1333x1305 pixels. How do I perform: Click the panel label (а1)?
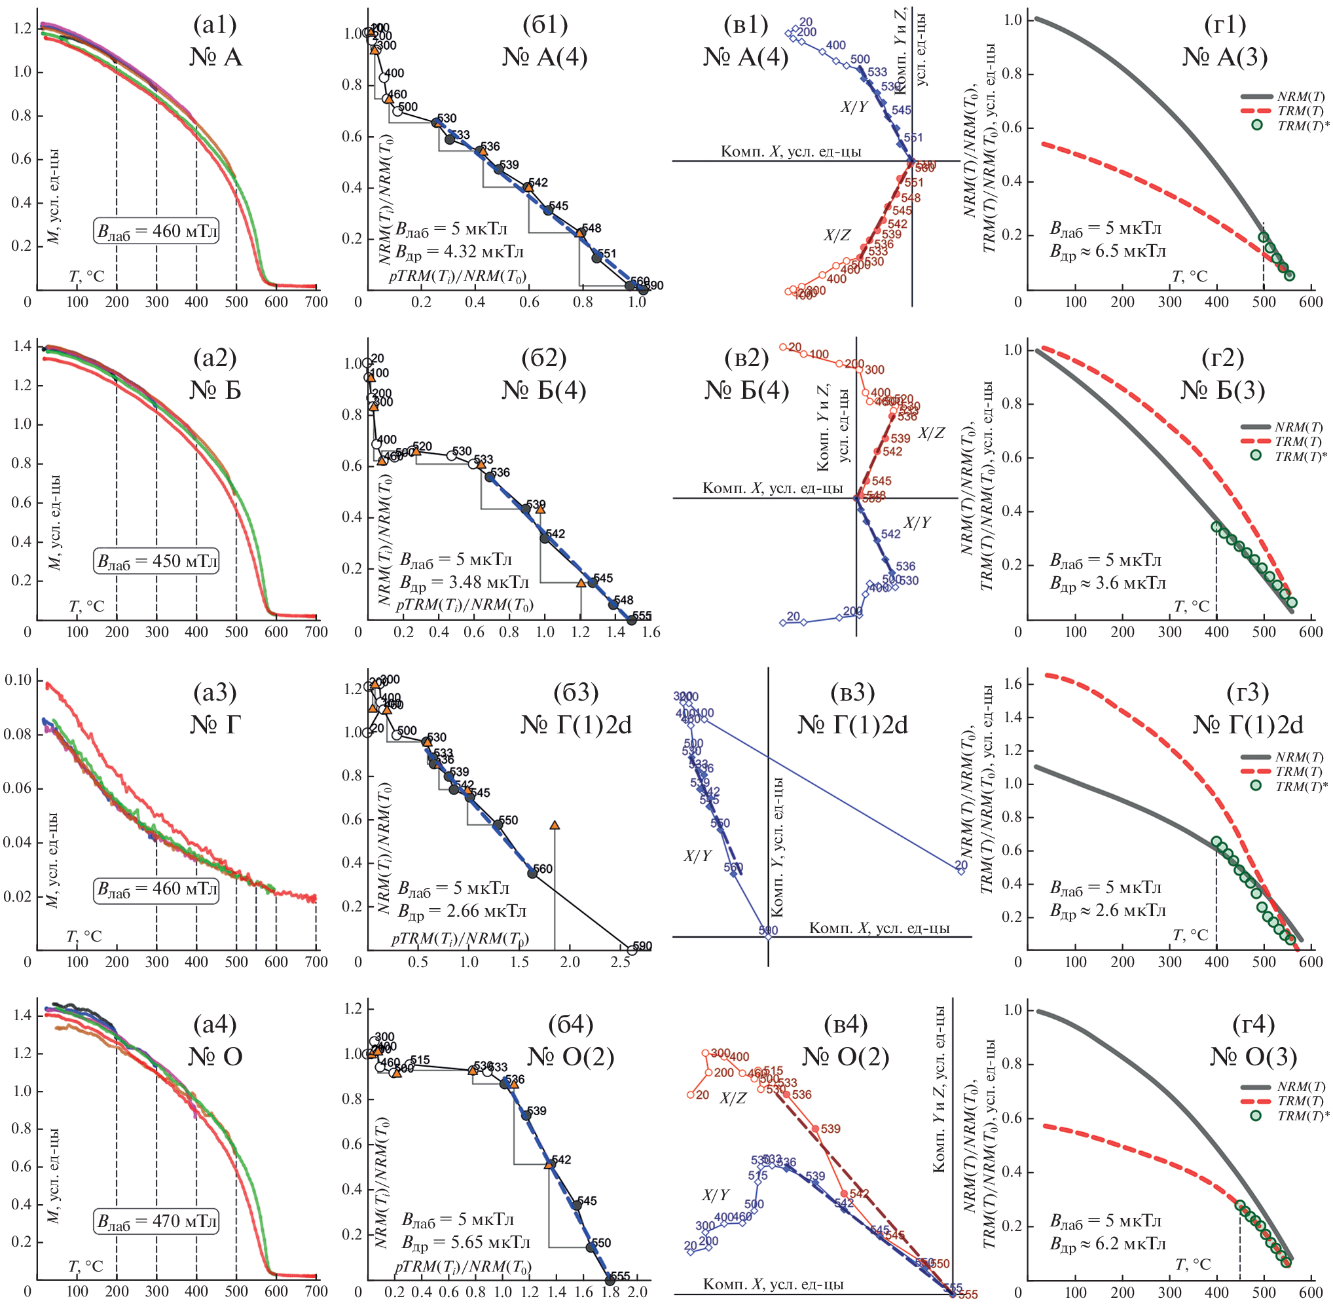[215, 25]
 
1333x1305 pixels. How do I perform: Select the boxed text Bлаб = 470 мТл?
[157, 1221]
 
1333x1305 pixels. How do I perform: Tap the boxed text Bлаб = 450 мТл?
[157, 561]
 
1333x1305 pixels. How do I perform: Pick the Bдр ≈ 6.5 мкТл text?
[1108, 251]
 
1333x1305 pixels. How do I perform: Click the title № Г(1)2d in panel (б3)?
[575, 724]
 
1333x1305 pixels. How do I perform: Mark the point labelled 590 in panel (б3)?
[632, 950]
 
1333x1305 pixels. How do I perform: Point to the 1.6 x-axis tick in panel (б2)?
[651, 631]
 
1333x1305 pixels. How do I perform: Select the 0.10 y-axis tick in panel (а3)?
[18, 680]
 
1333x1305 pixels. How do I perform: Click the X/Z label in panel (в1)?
[837, 236]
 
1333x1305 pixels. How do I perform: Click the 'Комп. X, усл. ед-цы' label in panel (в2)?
[773, 488]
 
